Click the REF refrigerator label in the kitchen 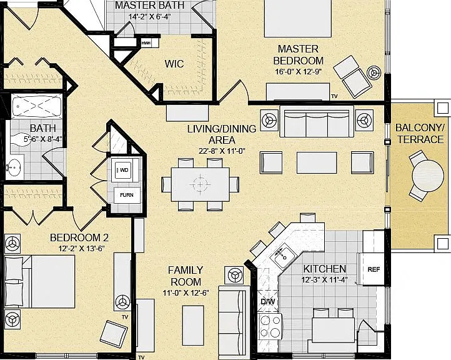tap(374, 269)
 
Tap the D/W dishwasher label tap(268, 302)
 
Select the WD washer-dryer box tap(124, 170)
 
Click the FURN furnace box tap(127, 195)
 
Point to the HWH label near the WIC tap(146, 43)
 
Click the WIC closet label tap(174, 64)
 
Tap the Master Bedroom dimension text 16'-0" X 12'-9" tap(298, 72)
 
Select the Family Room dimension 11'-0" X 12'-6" tap(186, 293)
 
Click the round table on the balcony tap(428, 176)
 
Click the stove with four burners tap(270, 327)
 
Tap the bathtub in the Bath tap(36, 106)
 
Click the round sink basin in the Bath tap(14, 167)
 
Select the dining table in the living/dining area tap(200, 184)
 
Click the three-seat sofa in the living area tap(317, 121)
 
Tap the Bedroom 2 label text tap(79, 237)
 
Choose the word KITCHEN tap(325, 269)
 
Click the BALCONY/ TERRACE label tap(420, 133)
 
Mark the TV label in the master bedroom tap(334, 96)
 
